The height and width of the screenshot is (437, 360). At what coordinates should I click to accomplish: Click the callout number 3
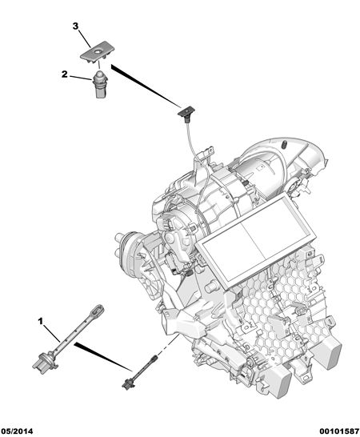coord(75,26)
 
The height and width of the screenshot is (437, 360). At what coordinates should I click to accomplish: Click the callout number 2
coord(64,74)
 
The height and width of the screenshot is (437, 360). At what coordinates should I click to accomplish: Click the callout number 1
coord(41,322)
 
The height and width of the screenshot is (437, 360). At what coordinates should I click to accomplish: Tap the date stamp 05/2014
coord(17,431)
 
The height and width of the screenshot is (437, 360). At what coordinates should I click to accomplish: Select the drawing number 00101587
coord(339,431)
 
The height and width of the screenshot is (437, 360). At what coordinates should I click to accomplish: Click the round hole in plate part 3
coord(98,52)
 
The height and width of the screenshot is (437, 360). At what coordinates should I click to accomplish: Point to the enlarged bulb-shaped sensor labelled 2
coord(99,84)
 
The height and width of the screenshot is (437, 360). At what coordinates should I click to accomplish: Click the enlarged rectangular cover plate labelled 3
coord(98,52)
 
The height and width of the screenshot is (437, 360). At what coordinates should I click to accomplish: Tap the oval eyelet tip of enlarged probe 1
coord(98,309)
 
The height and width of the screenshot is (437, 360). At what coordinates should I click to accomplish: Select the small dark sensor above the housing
coord(186,113)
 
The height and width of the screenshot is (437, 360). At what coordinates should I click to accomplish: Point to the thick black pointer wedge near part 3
coord(146,86)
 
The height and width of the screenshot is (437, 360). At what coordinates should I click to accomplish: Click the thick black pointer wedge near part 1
coord(103,357)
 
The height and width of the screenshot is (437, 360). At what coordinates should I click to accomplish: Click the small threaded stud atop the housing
coord(285,145)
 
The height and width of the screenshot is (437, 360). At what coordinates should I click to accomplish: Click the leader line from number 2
coord(81,78)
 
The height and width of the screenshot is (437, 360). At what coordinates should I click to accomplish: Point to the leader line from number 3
coord(85,39)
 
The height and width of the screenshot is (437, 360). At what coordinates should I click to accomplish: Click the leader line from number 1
coord(51,333)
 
